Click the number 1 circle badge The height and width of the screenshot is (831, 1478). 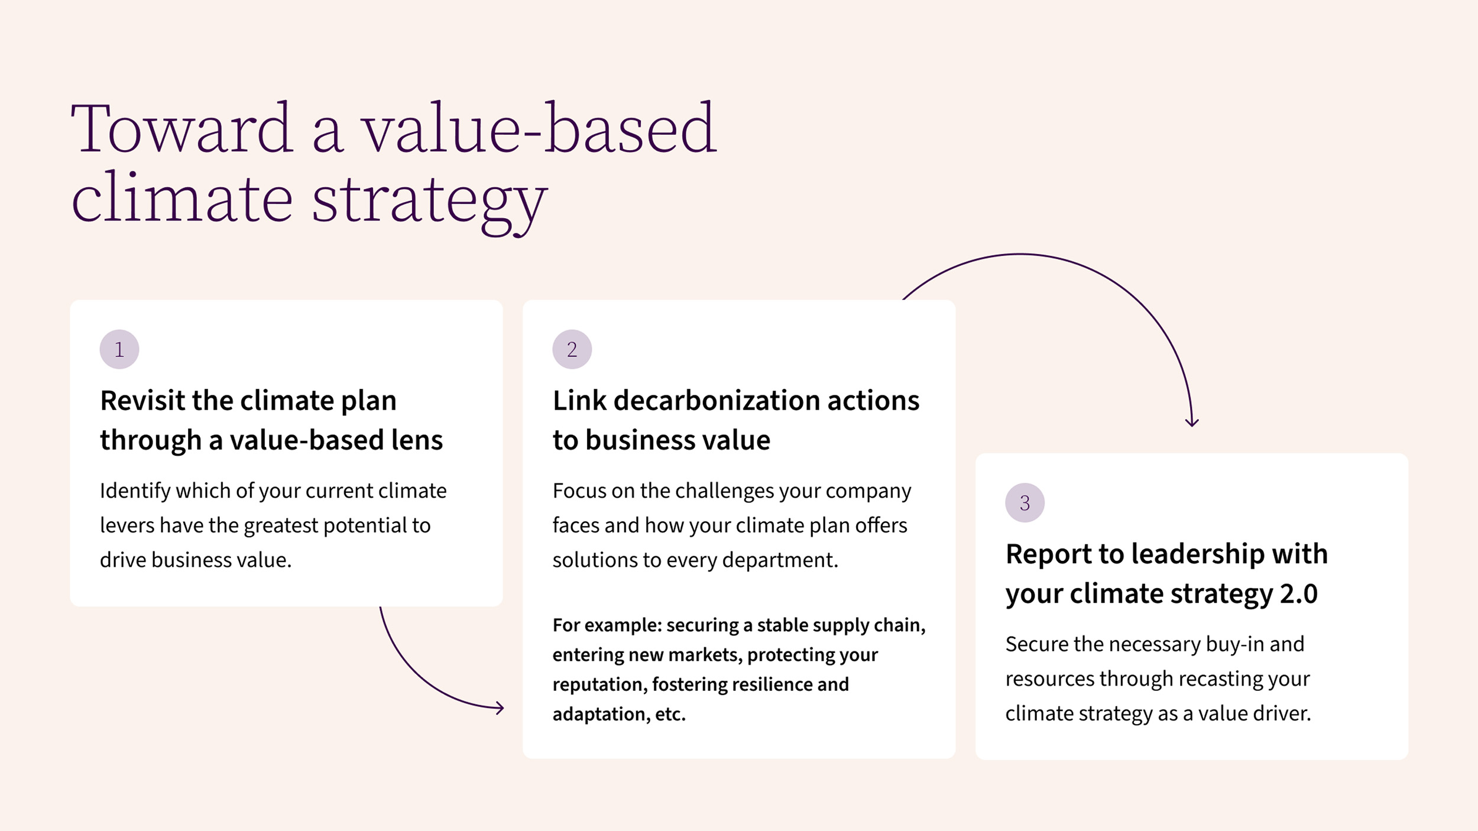119,349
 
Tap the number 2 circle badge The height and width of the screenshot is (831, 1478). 572,349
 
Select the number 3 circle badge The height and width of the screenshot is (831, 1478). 1025,503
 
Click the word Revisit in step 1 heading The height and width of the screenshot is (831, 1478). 142,401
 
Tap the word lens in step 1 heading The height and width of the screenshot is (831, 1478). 417,440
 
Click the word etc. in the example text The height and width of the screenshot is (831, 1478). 670,715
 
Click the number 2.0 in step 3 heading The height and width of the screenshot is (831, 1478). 1299,594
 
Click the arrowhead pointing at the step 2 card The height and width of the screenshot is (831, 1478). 500,708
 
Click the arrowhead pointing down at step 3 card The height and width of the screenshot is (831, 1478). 1192,422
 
